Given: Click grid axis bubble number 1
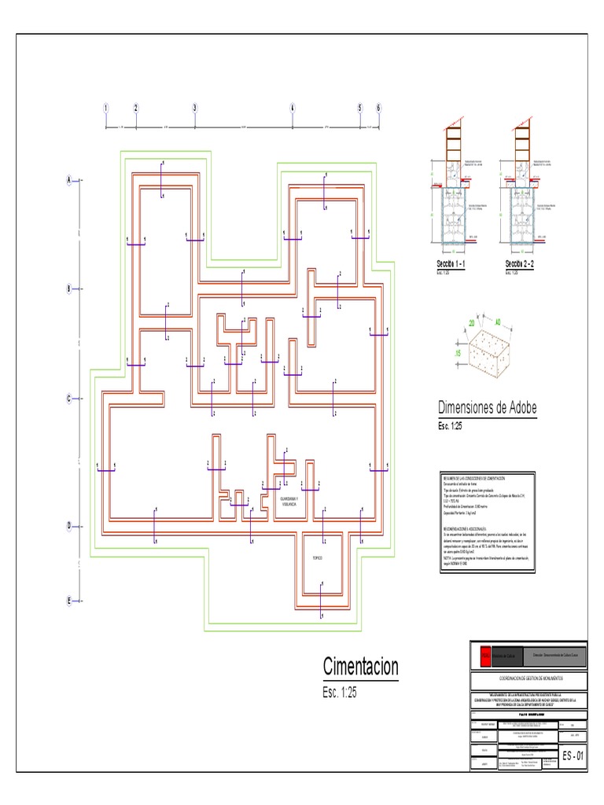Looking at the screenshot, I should point(105,108).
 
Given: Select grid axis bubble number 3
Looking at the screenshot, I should point(195,108).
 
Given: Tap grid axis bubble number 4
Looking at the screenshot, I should point(292,108).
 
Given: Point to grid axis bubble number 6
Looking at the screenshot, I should point(378,108).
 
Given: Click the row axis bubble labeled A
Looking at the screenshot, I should point(69,180).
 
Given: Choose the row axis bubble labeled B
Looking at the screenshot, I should point(69,289).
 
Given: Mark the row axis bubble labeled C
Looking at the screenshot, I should point(69,399).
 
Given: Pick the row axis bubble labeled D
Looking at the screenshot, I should point(69,525).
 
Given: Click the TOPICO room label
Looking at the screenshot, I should point(318,557).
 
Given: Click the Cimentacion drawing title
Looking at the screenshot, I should point(360,667).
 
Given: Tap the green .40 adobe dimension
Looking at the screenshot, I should point(497,321).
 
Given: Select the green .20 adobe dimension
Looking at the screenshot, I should point(472,323).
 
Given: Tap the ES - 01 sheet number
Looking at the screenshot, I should point(573,756).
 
